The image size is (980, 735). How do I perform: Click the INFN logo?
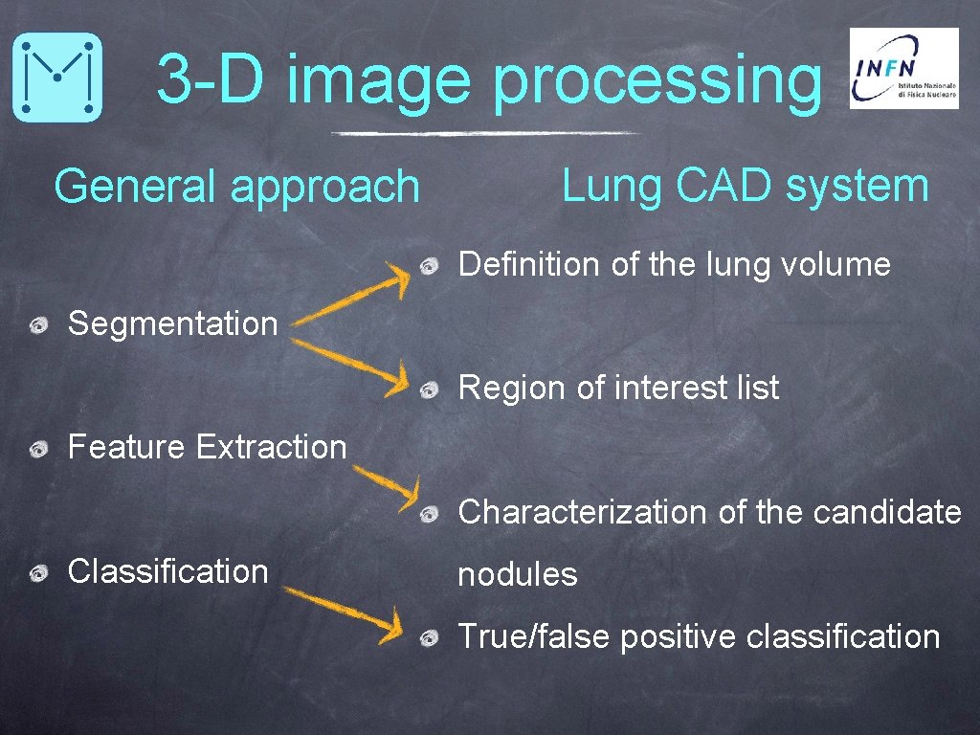coord(903,68)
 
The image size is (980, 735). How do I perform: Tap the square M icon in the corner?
coord(57,77)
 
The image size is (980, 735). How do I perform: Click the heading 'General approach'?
coord(236,187)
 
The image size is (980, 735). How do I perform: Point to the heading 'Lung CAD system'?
coord(745,186)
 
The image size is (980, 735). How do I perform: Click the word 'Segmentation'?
coord(172,323)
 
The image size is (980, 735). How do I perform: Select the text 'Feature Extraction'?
coord(207,447)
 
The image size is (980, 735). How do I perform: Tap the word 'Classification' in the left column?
coord(167,571)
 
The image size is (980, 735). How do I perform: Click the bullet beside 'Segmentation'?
coord(39,326)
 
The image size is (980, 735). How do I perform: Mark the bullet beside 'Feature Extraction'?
coord(39,449)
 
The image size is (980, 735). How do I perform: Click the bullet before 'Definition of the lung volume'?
coord(431,266)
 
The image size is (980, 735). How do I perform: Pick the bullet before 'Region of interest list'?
coord(431,390)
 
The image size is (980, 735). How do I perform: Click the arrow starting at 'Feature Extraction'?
coord(385,486)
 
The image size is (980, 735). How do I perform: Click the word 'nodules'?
coord(517,575)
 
